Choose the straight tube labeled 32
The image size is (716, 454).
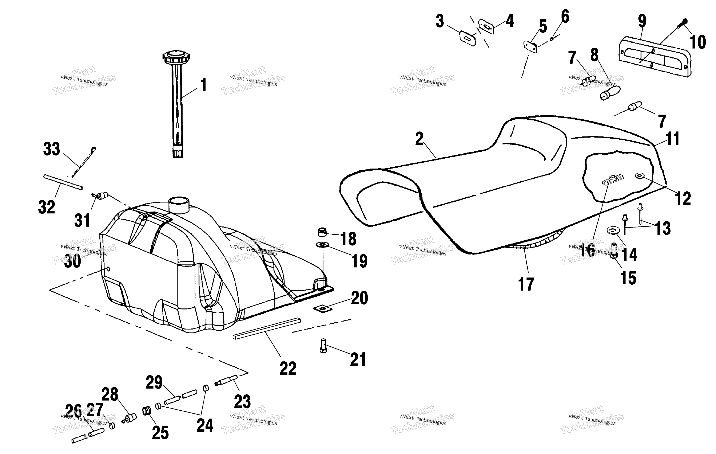(x=63, y=182)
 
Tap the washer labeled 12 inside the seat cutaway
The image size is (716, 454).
(x=639, y=176)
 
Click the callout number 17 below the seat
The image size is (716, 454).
(x=526, y=284)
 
